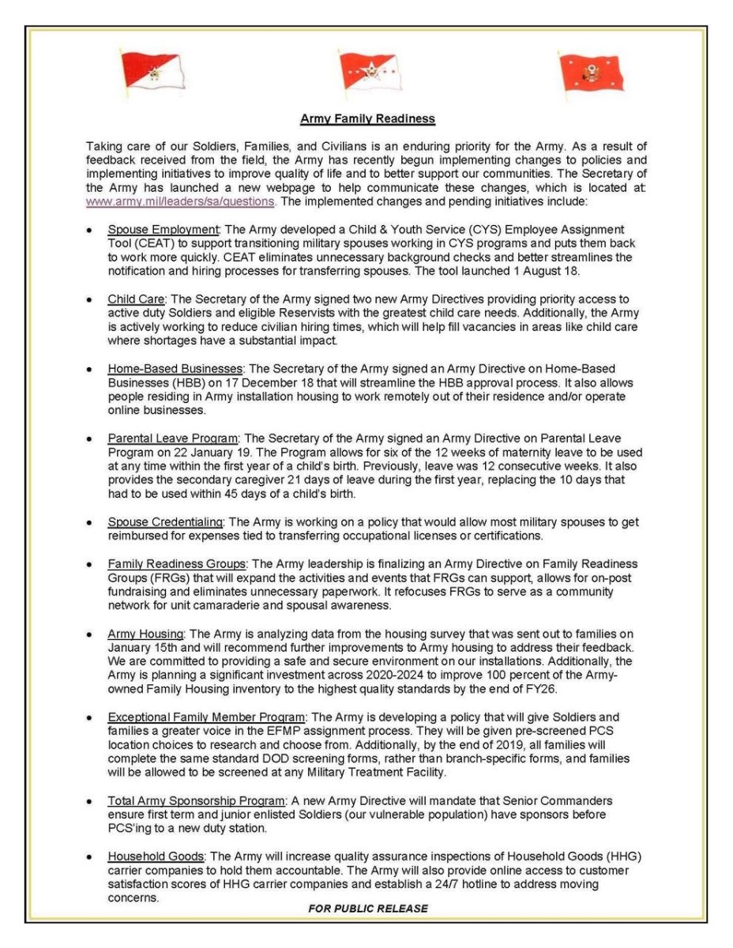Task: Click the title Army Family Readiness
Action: click(x=367, y=118)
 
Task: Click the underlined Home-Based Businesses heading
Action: click(x=175, y=369)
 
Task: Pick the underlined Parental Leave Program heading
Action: click(x=173, y=438)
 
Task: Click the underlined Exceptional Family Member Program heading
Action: click(x=207, y=717)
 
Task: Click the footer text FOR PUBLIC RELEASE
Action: click(x=368, y=908)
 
